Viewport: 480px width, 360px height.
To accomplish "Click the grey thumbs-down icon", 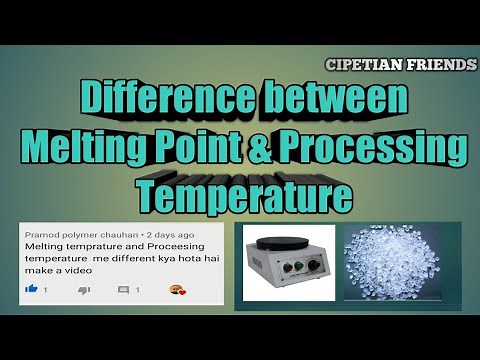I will point(83,289).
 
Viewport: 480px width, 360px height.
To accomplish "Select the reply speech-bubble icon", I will point(124,289).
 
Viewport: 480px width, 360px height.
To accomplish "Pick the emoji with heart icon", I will point(178,289).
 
